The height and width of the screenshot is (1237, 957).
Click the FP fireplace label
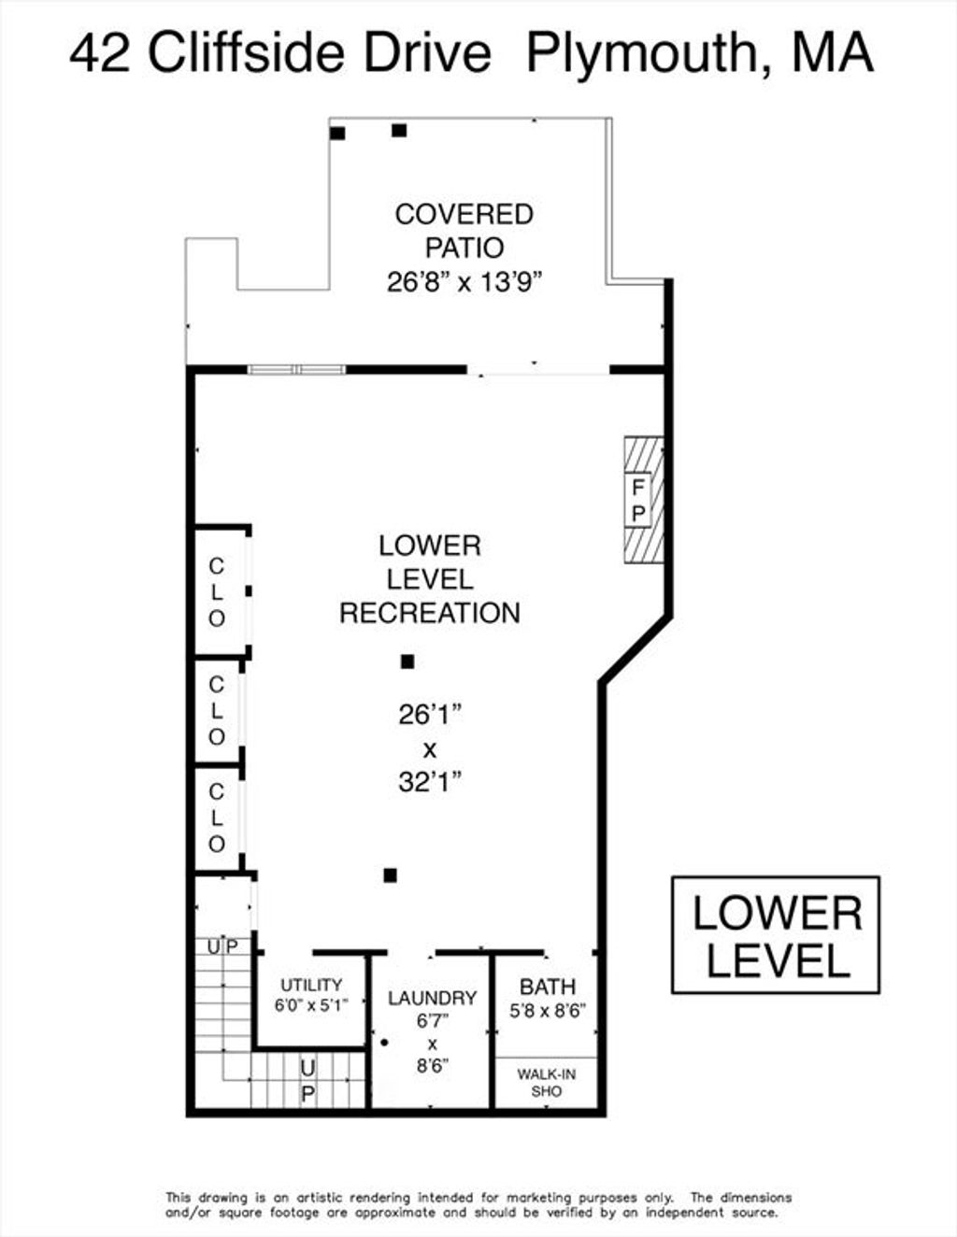point(638,501)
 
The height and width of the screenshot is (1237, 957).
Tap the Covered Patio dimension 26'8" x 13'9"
point(464,282)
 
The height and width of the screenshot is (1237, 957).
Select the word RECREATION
point(430,613)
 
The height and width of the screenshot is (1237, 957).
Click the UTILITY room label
point(311,984)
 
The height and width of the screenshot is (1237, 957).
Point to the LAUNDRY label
point(432,998)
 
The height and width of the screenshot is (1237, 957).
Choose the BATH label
point(548,986)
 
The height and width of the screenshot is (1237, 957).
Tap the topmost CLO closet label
point(216,592)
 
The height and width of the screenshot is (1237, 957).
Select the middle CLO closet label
point(216,710)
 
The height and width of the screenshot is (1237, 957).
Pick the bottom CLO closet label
point(216,818)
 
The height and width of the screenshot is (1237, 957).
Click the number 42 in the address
point(100,54)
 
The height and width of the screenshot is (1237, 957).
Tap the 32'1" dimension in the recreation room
point(430,783)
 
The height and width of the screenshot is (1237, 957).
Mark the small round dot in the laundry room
point(384,1043)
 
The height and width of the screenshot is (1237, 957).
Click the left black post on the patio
point(337,134)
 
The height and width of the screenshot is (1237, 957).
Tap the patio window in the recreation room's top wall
point(296,369)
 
